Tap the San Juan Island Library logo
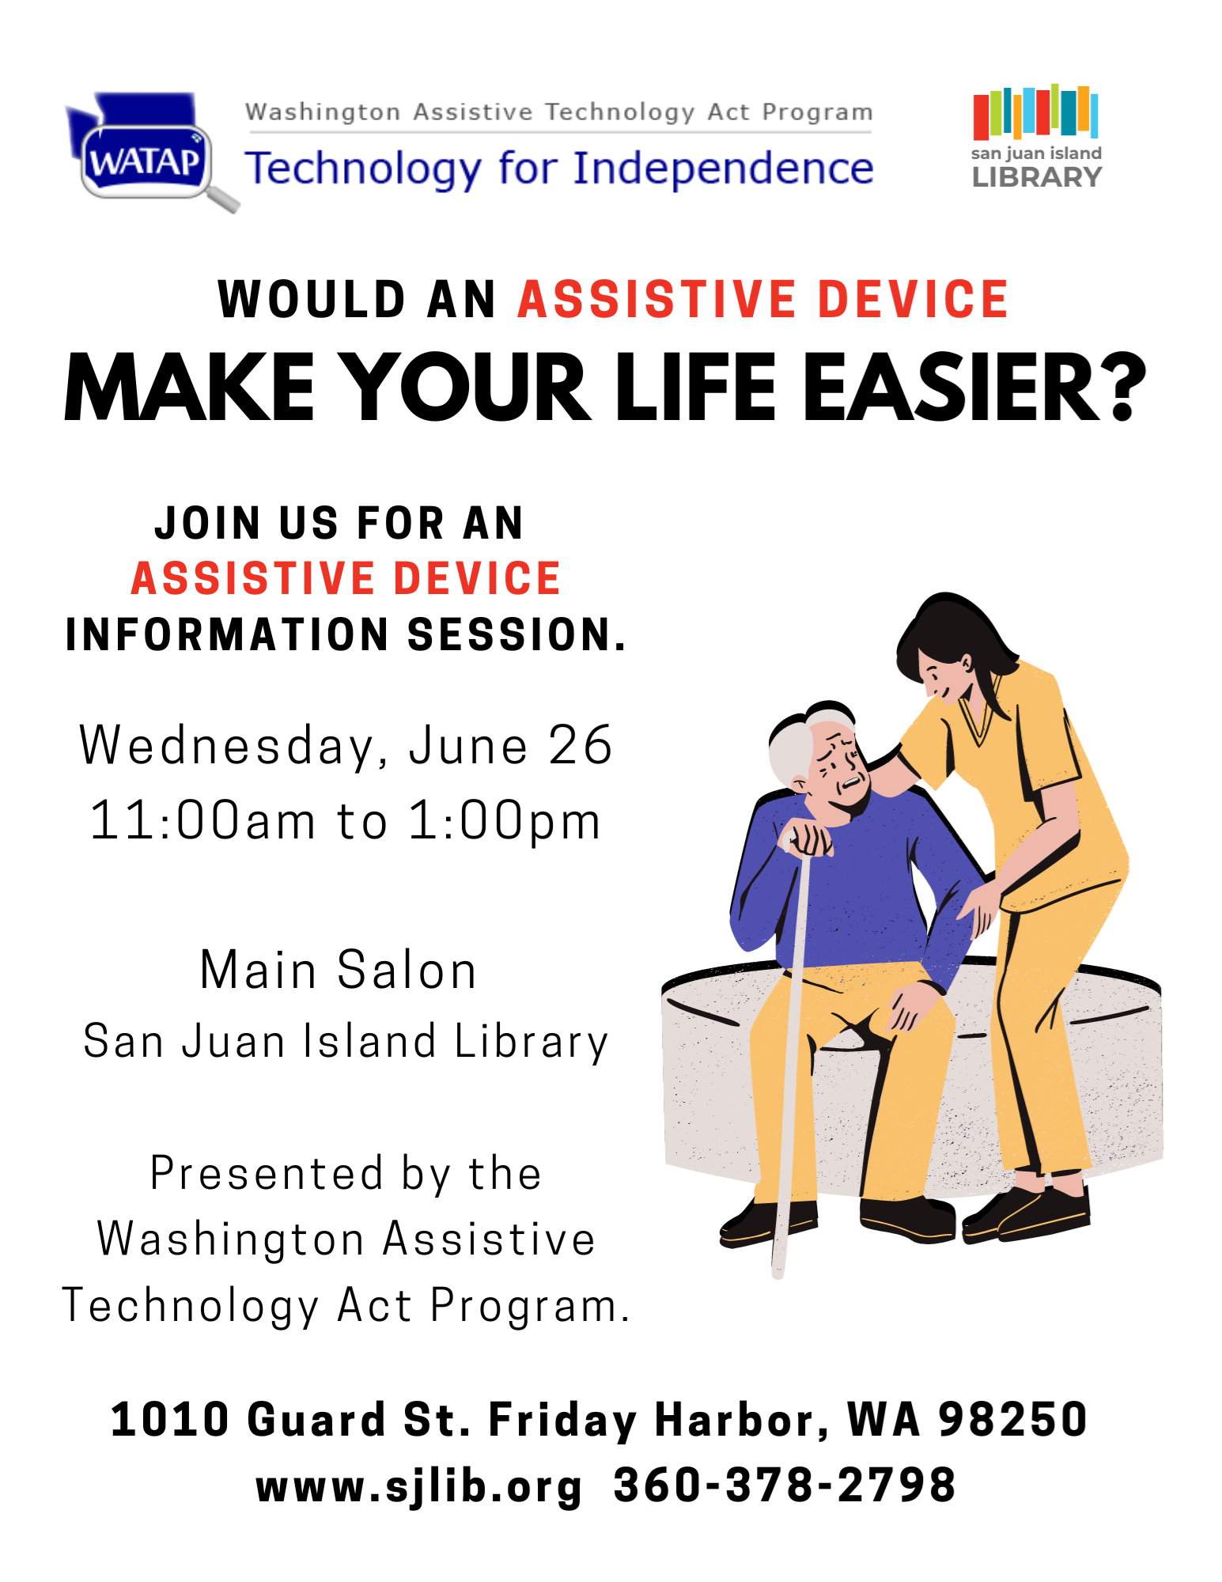coord(1036,137)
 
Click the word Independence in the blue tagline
coord(723,168)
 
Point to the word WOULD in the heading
coord(312,300)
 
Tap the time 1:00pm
coord(504,821)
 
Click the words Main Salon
coord(339,970)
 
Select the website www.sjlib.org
coord(419,1485)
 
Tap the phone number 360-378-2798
coord(785,1484)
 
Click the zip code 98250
coord(1013,1419)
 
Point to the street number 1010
coord(169,1419)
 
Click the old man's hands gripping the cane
coord(807,839)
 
